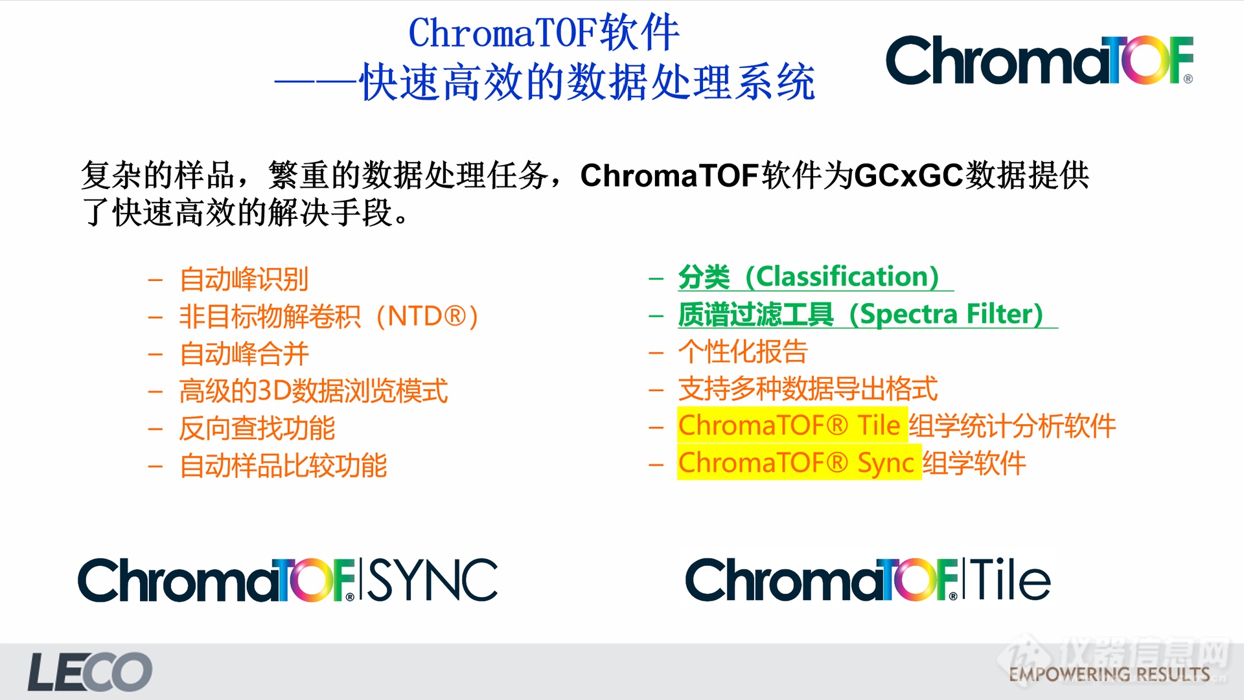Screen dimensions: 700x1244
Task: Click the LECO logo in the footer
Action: pos(89,672)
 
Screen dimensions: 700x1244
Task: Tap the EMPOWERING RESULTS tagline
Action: pos(1109,674)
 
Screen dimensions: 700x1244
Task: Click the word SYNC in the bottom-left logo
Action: pos(433,580)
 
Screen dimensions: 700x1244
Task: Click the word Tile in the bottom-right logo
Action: pos(1009,580)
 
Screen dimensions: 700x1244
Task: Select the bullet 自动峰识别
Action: pos(244,279)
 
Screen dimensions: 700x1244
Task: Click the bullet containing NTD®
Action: pos(328,317)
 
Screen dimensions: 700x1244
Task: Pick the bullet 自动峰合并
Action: pos(244,354)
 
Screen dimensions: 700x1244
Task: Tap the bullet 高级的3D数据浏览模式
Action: pos(314,391)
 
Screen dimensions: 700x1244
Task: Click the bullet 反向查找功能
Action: pos(257,428)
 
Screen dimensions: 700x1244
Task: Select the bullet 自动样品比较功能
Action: pos(283,466)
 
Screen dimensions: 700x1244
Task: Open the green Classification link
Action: pos(809,277)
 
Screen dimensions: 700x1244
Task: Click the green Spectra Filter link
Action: pos(860,314)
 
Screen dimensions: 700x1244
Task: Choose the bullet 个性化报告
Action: pos(743,352)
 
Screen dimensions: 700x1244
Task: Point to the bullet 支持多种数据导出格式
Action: pos(807,389)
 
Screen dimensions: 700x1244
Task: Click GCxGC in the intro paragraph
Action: pos(908,175)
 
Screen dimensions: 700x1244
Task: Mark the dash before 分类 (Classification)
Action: pos(656,278)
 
